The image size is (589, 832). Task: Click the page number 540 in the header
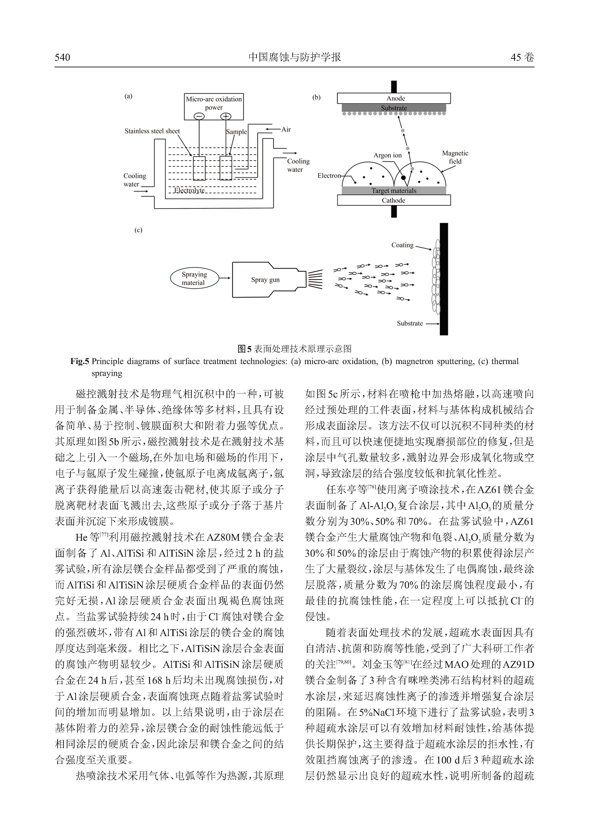[62, 57]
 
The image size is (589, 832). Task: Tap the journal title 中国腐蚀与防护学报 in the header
[294, 57]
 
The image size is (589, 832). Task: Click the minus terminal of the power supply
[199, 116]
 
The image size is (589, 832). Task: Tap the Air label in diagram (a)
[286, 129]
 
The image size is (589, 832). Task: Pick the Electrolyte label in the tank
[189, 190]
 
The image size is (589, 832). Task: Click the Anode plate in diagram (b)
[394, 98]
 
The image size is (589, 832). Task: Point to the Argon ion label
[388, 155]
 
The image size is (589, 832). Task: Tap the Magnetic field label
[455, 157]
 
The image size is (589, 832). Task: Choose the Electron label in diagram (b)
[329, 176]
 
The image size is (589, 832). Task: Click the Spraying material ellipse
[194, 278]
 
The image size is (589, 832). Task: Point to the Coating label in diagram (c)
[402, 245]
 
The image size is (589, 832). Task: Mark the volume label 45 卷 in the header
[522, 57]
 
